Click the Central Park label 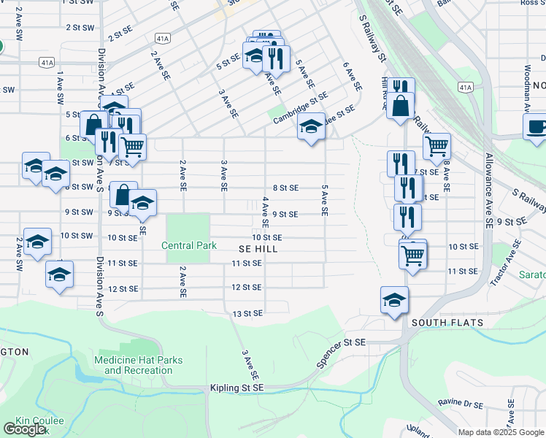coord(189,245)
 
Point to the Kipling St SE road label coord(237,388)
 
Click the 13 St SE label coord(247,314)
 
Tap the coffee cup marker coord(537,128)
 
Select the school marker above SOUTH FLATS coord(394,300)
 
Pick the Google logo coord(24,429)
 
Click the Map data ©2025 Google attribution coord(500,432)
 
